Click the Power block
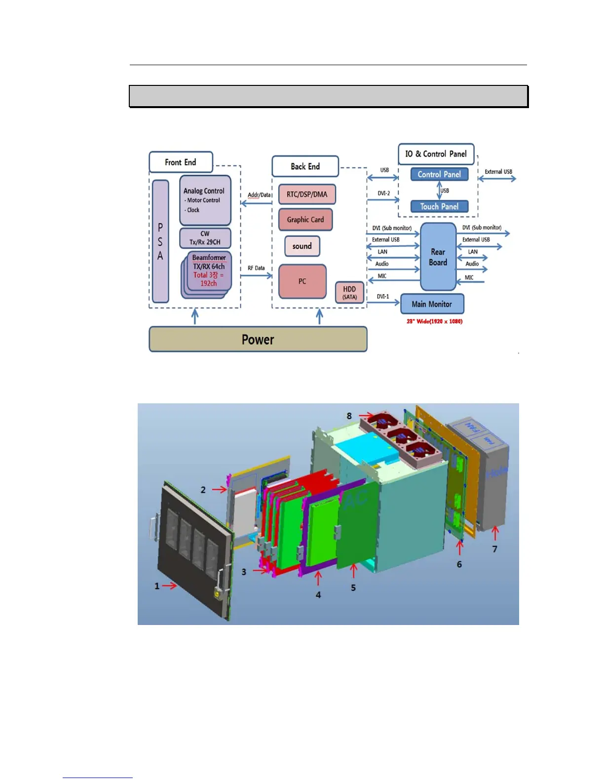[258, 339]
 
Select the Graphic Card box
[305, 220]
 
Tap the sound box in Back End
[302, 246]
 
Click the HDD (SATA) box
[349, 292]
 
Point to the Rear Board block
[438, 257]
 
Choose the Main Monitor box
[432, 304]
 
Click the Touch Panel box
[439, 206]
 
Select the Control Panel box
[439, 174]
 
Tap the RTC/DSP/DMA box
[307, 194]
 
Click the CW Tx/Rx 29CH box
[205, 238]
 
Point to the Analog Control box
[205, 200]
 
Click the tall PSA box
[160, 241]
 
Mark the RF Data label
[256, 268]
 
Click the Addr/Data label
[259, 195]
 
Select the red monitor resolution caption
[434, 321]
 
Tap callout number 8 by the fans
[349, 416]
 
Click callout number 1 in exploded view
[157, 586]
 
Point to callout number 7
[495, 549]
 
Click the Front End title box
[181, 162]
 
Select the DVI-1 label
[383, 297]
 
